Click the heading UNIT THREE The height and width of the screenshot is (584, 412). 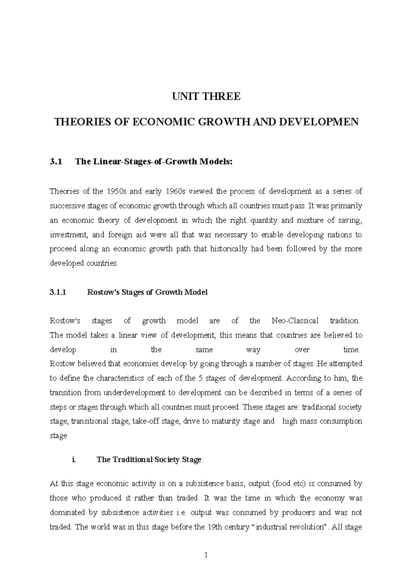[x=206, y=97]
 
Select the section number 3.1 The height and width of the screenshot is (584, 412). [x=56, y=162]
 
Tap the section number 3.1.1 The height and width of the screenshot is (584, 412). [x=59, y=292]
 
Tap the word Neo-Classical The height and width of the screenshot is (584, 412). [x=295, y=321]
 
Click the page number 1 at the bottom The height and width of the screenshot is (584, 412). [x=206, y=555]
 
